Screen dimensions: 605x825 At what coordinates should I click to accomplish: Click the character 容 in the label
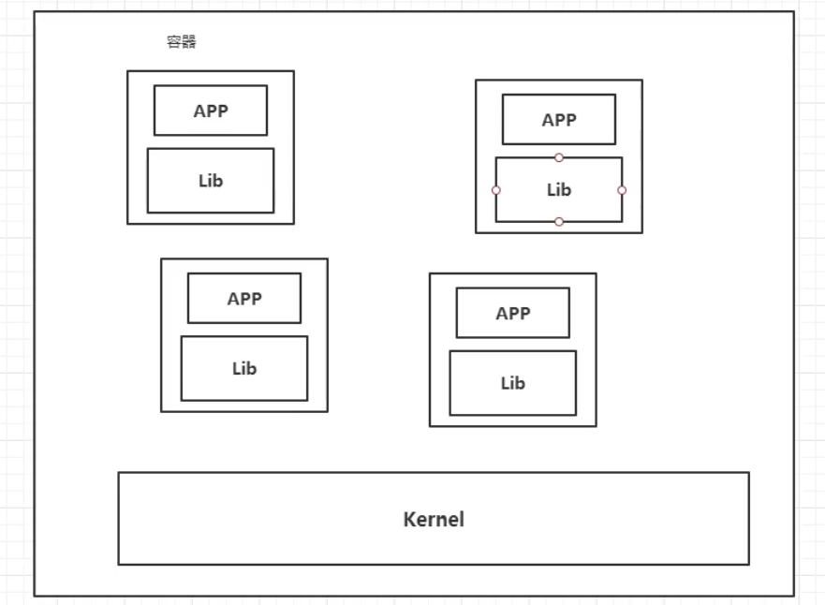(x=174, y=43)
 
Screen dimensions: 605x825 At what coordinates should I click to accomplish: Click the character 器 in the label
(x=189, y=43)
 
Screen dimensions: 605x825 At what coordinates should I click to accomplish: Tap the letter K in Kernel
(x=409, y=519)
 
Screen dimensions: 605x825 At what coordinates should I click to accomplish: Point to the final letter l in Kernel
(x=462, y=519)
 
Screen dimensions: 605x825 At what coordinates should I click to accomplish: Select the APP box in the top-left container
(x=211, y=111)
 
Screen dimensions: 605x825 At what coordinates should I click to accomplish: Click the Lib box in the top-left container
(x=211, y=181)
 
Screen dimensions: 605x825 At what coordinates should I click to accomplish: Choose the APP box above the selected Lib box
(x=559, y=120)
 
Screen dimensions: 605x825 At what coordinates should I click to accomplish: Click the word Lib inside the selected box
(x=559, y=190)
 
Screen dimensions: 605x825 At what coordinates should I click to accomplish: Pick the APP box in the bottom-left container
(x=244, y=299)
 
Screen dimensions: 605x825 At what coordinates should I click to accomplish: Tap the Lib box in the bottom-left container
(x=244, y=369)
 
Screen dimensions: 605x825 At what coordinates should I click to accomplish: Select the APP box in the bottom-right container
(x=512, y=313)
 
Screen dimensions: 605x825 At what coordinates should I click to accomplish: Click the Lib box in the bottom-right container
(x=512, y=383)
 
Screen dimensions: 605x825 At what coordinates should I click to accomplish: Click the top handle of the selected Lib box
(x=559, y=157)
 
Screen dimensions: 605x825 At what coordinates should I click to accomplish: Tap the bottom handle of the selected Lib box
(x=559, y=222)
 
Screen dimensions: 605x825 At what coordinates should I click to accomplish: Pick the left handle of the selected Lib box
(x=496, y=190)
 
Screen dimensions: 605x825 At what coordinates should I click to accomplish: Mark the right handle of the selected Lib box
(x=622, y=190)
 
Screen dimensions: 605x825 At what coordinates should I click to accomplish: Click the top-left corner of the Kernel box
(x=119, y=473)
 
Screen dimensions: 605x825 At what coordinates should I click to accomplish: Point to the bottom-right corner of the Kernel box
(x=748, y=564)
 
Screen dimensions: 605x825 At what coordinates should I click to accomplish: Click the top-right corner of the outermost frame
(x=793, y=12)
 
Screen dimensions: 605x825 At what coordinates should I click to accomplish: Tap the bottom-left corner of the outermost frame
(x=36, y=595)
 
